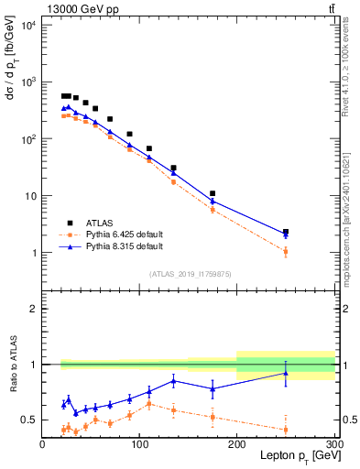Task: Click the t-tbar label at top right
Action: [331, 8]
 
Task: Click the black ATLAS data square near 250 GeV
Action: [286, 232]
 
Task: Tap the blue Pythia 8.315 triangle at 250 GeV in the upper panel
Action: [286, 235]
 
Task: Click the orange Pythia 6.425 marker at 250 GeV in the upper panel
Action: [286, 251]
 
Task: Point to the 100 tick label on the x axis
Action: [139, 444]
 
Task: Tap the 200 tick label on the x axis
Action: [237, 444]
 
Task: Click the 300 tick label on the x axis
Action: [333, 444]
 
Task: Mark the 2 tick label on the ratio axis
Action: [33, 309]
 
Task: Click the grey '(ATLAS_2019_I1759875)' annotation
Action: [189, 274]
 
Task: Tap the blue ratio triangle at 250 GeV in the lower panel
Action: [286, 373]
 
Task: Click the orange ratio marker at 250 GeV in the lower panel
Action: [286, 429]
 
